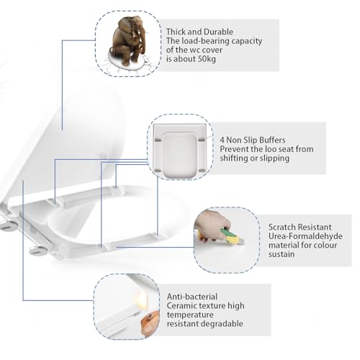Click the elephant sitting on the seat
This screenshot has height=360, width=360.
click(128, 40)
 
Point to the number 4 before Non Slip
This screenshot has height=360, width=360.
click(222, 140)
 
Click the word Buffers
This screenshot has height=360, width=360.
click(273, 140)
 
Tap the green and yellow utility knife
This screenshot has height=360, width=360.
click(233, 236)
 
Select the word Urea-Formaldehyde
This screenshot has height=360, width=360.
click(305, 236)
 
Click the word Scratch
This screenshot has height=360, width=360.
click(282, 227)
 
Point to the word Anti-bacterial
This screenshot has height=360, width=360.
click(192, 297)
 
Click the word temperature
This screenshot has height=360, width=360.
click(190, 315)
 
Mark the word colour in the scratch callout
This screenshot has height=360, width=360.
click(325, 246)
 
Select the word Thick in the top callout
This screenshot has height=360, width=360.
click(176, 32)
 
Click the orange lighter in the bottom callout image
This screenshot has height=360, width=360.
click(150, 323)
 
